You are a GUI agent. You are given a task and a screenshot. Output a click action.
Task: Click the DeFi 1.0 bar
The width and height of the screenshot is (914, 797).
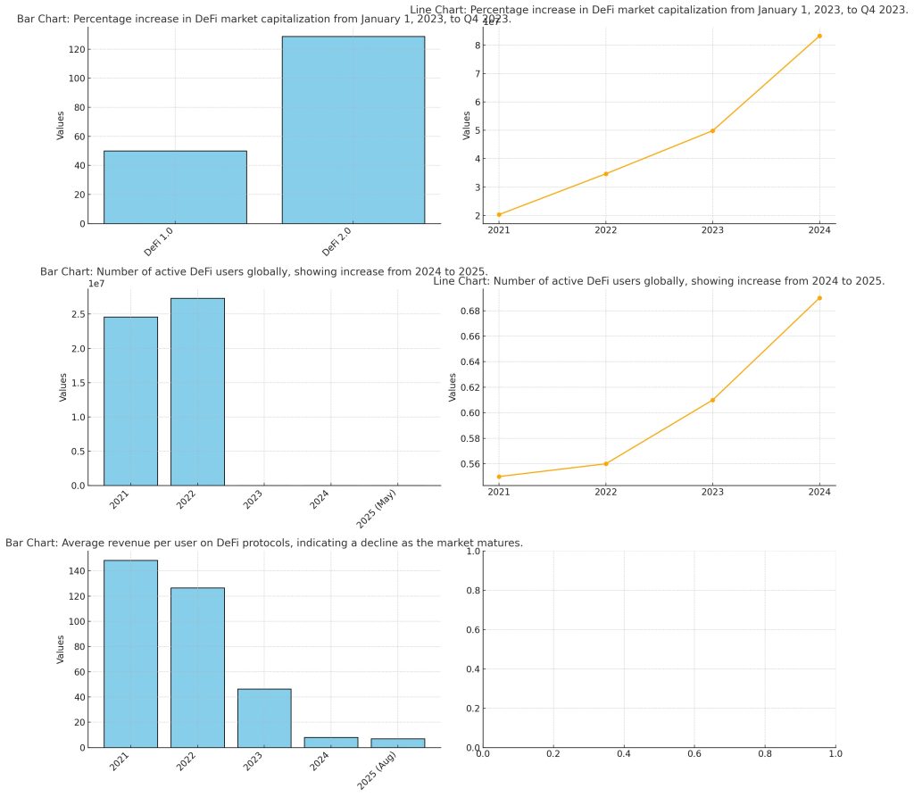pyautogui.click(x=175, y=187)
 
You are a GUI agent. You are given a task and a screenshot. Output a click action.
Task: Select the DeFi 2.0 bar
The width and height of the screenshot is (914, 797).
pyautogui.click(x=353, y=129)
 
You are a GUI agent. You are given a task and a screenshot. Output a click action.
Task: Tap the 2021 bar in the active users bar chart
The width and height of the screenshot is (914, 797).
pyautogui.click(x=130, y=401)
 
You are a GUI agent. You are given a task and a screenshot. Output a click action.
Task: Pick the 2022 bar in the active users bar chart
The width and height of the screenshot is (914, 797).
pyautogui.click(x=197, y=392)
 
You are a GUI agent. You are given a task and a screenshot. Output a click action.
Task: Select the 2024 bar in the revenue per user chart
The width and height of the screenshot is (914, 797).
pyautogui.click(x=330, y=742)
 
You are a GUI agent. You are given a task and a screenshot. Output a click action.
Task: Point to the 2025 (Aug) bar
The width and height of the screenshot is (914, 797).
pyautogui.click(x=397, y=743)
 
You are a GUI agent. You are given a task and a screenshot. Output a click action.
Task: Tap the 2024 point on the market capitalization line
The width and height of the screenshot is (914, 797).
pyautogui.click(x=818, y=37)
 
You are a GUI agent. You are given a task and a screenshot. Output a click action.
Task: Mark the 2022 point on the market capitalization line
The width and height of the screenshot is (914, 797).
pyautogui.click(x=606, y=173)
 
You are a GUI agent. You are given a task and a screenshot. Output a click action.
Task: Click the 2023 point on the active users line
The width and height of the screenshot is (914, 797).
pyautogui.click(x=712, y=400)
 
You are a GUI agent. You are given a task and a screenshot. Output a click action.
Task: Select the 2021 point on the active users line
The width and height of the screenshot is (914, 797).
pyautogui.click(x=499, y=477)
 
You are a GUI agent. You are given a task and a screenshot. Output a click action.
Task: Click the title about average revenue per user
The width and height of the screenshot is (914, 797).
pyautogui.click(x=264, y=543)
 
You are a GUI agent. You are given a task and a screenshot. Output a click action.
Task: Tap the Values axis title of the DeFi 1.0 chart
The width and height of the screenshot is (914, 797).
pyautogui.click(x=60, y=124)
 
